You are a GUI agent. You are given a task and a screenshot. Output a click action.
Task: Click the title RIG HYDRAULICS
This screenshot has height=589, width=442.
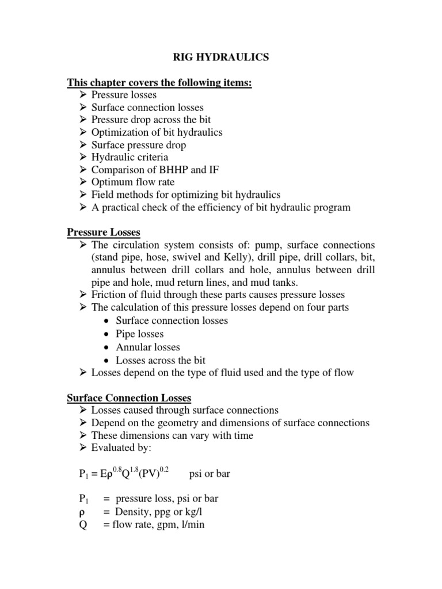coord(220,58)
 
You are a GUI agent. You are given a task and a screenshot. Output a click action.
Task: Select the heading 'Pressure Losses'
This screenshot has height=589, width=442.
coord(104,232)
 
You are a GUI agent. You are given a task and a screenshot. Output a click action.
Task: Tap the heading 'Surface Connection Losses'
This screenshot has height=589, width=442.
coord(129,397)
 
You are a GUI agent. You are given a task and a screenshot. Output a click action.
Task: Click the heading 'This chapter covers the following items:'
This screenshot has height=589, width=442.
coord(159,83)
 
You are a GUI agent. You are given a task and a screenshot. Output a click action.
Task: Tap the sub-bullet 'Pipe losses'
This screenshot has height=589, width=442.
coord(140,334)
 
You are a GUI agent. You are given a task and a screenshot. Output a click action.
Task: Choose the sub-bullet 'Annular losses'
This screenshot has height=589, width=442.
coord(148,347)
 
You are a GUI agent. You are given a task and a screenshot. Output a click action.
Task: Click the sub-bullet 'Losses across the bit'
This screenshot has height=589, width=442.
coord(161,360)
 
